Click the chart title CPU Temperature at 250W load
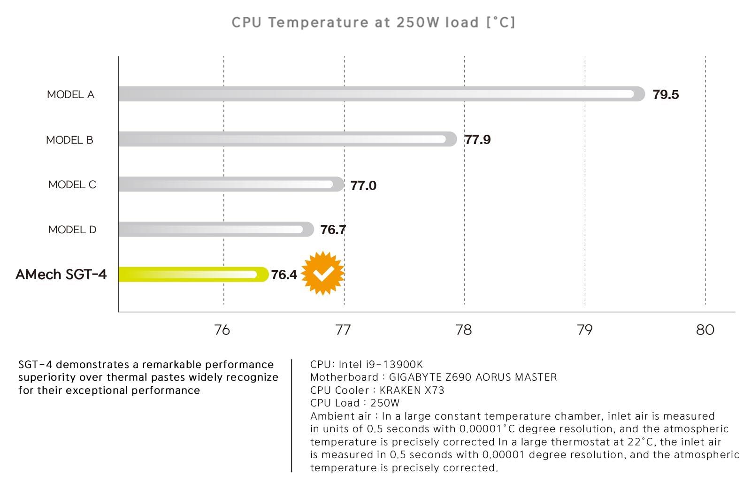(x=373, y=23)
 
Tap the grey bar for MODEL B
(x=286, y=139)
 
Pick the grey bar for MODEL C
(x=230, y=184)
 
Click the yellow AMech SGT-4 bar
(x=192, y=274)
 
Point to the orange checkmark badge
(x=323, y=273)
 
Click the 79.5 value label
(x=666, y=95)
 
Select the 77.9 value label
(x=477, y=140)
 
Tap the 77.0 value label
(x=363, y=185)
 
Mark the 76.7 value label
(x=333, y=230)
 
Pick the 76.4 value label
(x=284, y=275)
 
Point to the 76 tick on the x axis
(x=222, y=330)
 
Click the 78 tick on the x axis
(x=464, y=330)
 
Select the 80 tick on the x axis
(x=705, y=330)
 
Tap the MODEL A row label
(x=70, y=95)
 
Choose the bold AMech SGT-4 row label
(x=61, y=275)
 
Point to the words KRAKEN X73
(x=412, y=390)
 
